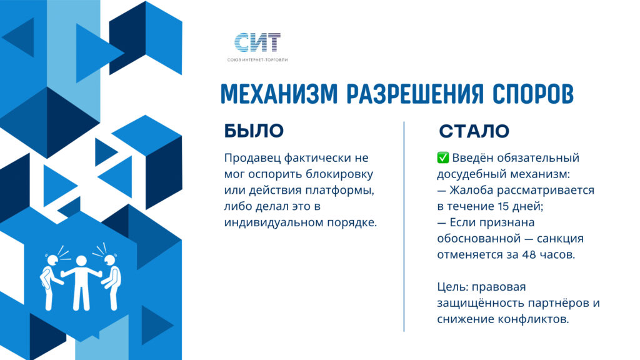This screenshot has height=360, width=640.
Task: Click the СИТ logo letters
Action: click(x=257, y=42)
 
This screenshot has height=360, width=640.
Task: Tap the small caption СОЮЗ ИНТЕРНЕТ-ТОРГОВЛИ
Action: click(x=257, y=60)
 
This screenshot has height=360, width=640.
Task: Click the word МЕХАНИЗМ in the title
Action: click(x=279, y=94)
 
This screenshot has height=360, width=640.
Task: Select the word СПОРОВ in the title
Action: click(x=532, y=94)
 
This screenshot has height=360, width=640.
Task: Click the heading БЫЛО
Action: click(x=254, y=131)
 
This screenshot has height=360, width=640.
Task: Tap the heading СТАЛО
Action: click(x=474, y=131)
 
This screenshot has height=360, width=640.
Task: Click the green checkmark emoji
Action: click(x=443, y=157)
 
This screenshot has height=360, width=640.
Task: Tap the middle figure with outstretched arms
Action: click(x=81, y=282)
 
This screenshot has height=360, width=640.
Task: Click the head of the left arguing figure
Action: click(x=52, y=260)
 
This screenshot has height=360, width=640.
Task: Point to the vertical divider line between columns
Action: click(x=404, y=226)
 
